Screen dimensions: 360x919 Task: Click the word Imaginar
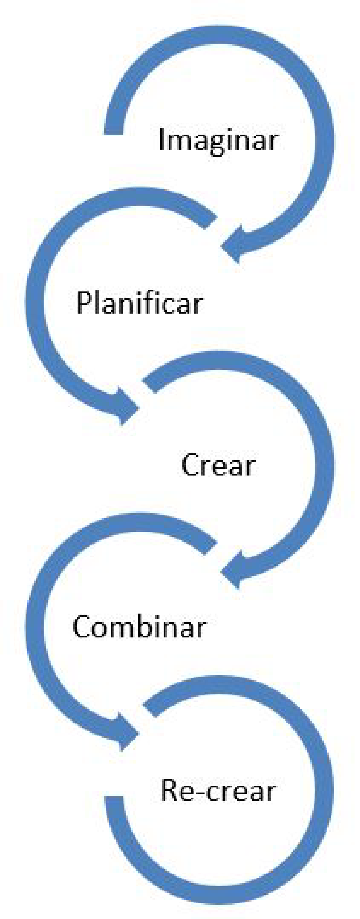[218, 140]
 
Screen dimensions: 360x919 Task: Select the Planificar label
[139, 303]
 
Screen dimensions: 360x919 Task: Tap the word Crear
[218, 465]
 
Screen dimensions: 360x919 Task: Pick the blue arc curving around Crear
[324, 464]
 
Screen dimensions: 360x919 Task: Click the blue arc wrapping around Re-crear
[324, 790]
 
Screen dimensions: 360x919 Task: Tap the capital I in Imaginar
[161, 139]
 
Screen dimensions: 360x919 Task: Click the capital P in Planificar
[84, 303]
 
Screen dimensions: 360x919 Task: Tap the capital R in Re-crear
[169, 790]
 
